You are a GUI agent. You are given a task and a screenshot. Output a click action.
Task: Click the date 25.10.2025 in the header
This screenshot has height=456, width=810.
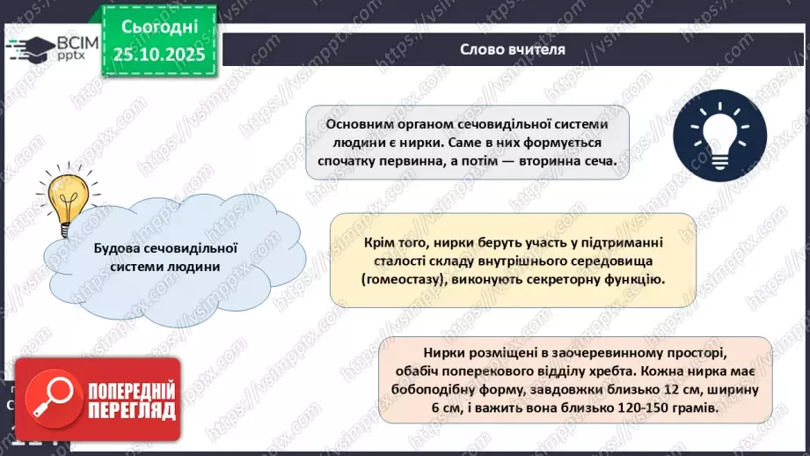[158, 55]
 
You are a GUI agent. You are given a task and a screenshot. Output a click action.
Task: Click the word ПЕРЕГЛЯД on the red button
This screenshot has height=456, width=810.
[128, 409]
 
